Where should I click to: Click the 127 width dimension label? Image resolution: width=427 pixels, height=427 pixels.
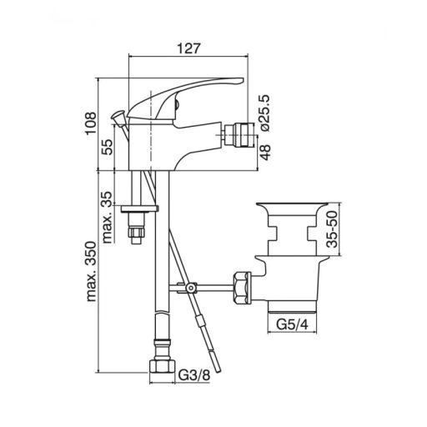[x=188, y=48]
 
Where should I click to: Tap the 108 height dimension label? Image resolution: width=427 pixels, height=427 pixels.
[x=91, y=123]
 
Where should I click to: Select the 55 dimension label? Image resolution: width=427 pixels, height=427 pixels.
[x=107, y=147]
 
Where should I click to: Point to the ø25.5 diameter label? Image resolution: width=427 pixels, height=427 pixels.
[x=264, y=113]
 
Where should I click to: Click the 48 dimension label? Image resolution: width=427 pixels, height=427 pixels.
[x=266, y=152]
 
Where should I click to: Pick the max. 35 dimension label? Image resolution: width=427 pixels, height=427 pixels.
[x=107, y=217]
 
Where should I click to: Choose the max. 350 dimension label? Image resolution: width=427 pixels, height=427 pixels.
[x=91, y=272]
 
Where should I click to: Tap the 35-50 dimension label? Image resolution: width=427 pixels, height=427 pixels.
[x=333, y=229]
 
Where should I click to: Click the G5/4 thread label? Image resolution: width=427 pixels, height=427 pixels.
[x=292, y=324]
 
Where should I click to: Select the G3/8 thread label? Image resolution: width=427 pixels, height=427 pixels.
[x=194, y=375]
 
